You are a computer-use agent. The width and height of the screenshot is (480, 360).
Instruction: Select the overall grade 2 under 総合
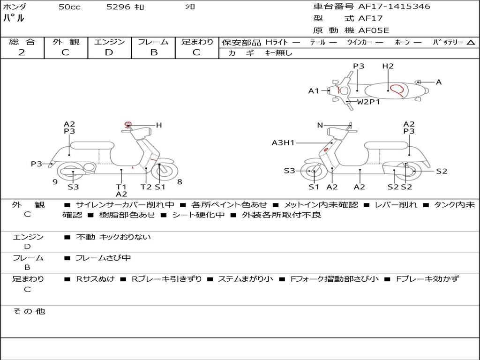coord(22,52)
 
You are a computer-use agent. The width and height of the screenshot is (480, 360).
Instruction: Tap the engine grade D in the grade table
coord(109,52)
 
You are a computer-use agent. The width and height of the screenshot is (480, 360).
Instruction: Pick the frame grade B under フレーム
coord(153,52)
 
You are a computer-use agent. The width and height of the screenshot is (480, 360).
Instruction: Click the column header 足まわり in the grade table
coord(197,42)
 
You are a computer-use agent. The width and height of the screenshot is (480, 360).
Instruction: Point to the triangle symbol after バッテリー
coord(471,43)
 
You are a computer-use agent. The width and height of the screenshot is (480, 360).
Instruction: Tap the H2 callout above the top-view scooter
coord(388,67)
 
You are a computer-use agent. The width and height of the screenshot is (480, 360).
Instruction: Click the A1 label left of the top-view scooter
coord(314,91)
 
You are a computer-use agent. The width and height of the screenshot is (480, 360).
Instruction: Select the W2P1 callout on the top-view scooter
coord(368,102)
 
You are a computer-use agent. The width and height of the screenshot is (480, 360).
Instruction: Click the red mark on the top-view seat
coord(397,89)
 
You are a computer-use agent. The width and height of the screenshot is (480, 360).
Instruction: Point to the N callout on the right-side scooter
coord(320,125)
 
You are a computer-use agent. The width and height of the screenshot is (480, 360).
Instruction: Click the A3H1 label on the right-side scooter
coord(283,143)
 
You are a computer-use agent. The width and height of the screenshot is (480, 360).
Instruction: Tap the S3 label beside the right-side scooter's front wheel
coord(289,171)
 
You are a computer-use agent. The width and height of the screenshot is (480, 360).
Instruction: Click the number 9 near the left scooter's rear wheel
coord(55,182)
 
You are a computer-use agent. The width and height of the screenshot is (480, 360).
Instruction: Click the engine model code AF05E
coord(374,30)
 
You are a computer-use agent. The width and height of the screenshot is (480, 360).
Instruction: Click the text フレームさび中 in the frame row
coord(103,258)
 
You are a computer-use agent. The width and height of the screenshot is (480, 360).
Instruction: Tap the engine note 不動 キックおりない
coord(113,237)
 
